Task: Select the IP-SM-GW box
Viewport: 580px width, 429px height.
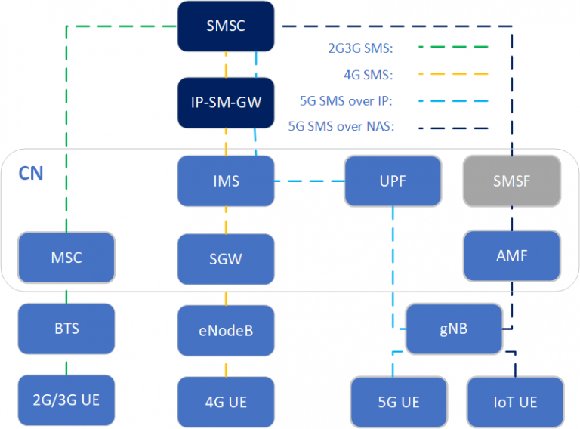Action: tap(226, 102)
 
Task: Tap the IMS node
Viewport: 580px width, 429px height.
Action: tap(226, 181)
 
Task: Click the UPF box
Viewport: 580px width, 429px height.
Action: tap(393, 181)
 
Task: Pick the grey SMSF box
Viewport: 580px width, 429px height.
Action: tap(513, 181)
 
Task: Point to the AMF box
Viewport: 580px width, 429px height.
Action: tap(513, 256)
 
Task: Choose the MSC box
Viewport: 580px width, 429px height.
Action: tap(66, 258)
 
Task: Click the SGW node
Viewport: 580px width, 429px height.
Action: tap(226, 258)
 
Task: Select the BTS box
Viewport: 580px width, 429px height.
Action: tap(66, 329)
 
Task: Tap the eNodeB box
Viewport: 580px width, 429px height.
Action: tap(226, 330)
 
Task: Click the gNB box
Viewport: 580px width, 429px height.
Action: tap(454, 329)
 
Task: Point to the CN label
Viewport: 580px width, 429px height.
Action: tap(31, 174)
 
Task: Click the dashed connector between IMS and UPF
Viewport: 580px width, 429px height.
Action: tap(310, 181)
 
